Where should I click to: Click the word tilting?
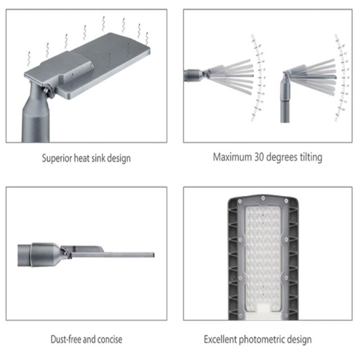pyautogui.click(x=310, y=157)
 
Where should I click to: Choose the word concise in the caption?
pyautogui.click(x=110, y=339)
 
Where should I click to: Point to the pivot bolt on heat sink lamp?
pyautogui.click(x=47, y=90)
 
